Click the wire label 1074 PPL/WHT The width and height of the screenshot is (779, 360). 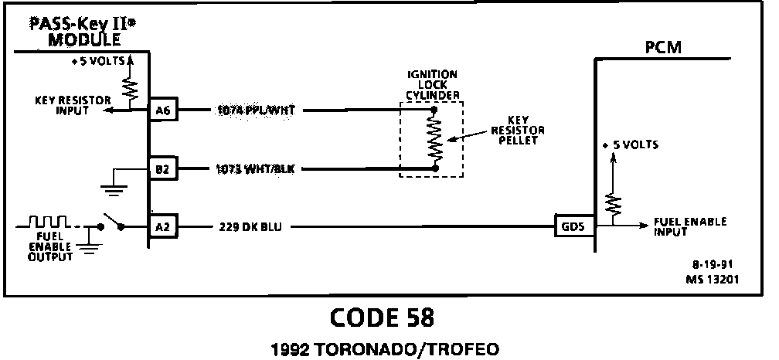pos(257,110)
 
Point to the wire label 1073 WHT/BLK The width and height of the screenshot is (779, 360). pos(257,168)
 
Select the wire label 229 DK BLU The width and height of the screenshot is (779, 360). pos(248,227)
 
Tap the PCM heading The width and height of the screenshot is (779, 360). pos(663,49)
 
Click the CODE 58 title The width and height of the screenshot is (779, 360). pos(382,318)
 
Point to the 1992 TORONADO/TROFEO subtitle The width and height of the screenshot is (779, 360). pos(382,347)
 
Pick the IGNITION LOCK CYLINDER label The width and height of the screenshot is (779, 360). pos(432,84)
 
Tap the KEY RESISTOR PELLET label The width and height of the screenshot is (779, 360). pos(517,131)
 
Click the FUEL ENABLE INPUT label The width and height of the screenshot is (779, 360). pos(690,226)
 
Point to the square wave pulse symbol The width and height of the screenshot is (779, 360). pos(48,222)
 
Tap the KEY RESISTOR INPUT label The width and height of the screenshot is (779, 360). pos(74,104)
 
